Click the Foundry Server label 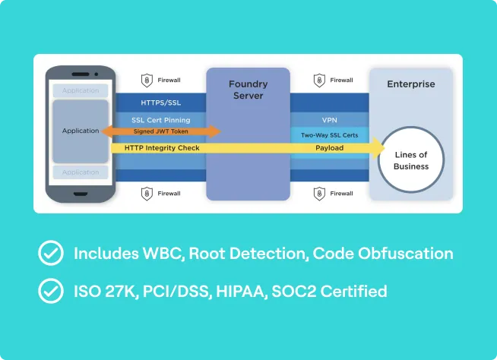click(x=248, y=90)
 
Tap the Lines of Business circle click(x=411, y=160)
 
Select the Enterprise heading click(x=411, y=84)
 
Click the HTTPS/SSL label click(x=160, y=102)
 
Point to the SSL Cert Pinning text click(x=160, y=120)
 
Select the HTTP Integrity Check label click(x=162, y=148)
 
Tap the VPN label click(x=329, y=120)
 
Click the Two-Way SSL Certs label click(x=329, y=134)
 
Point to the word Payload click(x=329, y=148)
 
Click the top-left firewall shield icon click(x=147, y=80)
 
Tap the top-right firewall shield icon click(x=320, y=80)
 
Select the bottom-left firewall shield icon click(x=147, y=194)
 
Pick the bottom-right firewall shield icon click(x=320, y=194)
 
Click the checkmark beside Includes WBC click(x=51, y=254)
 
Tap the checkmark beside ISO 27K click(x=51, y=290)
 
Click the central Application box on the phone click(x=81, y=131)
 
